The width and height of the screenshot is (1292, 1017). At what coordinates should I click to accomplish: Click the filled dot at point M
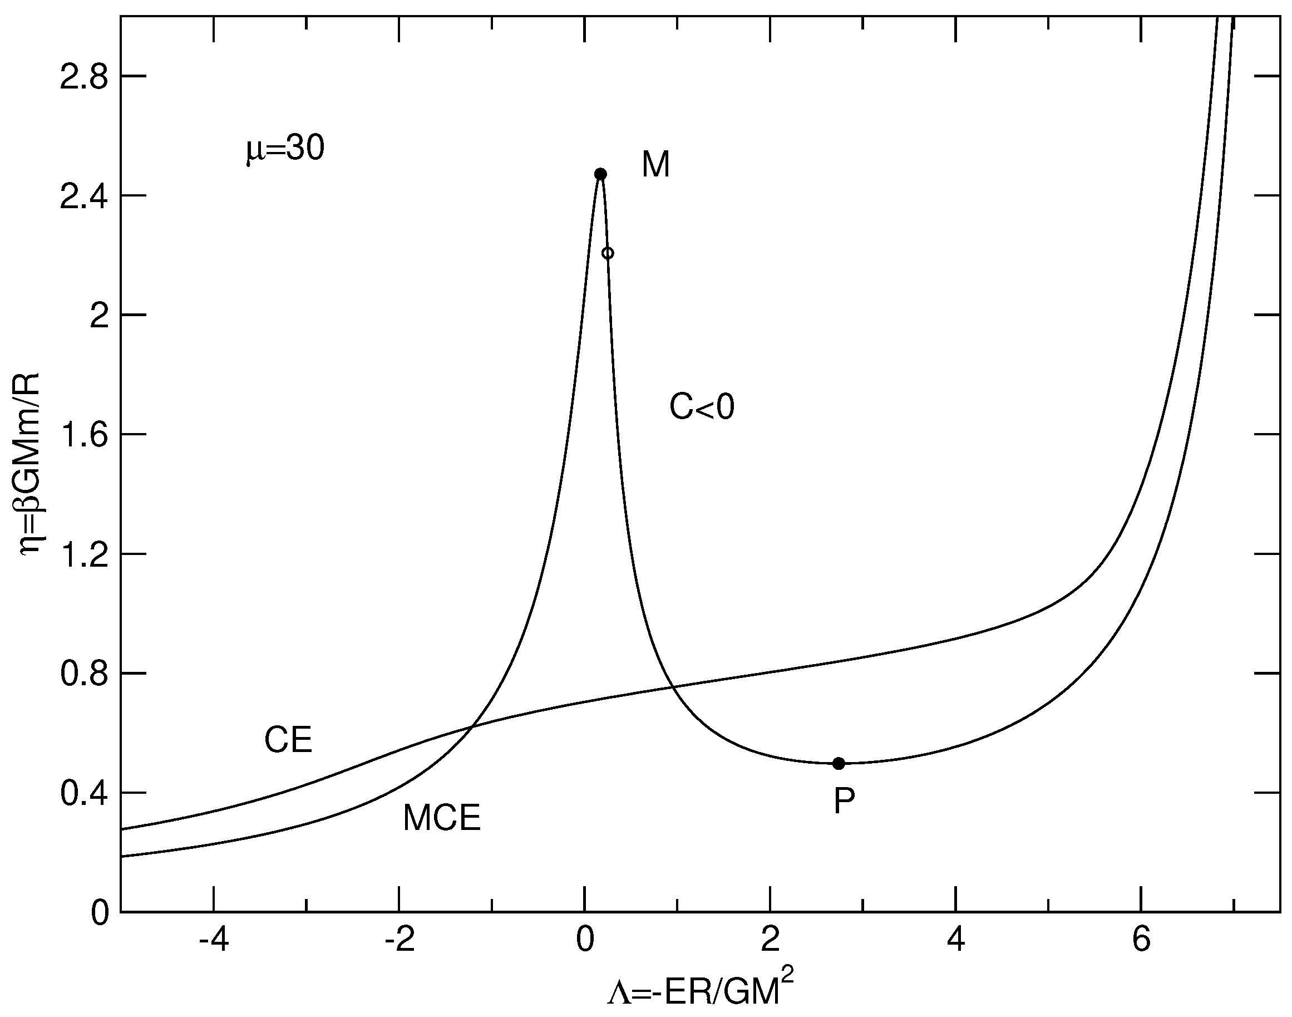pyautogui.click(x=600, y=174)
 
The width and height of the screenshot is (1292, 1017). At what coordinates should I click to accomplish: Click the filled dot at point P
pyautogui.click(x=839, y=763)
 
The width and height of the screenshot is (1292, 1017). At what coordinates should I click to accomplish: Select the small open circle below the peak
pyautogui.click(x=608, y=253)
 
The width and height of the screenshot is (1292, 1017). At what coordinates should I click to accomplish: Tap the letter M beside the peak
pyautogui.click(x=656, y=165)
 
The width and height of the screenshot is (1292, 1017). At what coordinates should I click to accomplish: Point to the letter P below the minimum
pyautogui.click(x=844, y=802)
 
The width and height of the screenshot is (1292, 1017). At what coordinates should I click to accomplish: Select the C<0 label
pyautogui.click(x=702, y=408)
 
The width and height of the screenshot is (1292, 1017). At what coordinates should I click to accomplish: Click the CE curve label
pyautogui.click(x=288, y=741)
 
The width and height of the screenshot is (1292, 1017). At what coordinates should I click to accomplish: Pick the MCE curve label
pyautogui.click(x=442, y=818)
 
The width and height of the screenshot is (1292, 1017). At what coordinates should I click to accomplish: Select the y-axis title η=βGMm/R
pyautogui.click(x=29, y=464)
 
